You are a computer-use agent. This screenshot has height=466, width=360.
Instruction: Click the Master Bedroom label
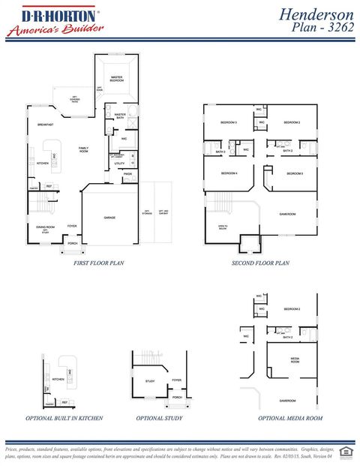116,78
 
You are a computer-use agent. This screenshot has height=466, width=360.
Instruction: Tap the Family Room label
84,149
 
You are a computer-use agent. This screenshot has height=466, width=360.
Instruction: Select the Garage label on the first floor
109,218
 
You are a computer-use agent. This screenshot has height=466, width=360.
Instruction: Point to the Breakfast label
45,125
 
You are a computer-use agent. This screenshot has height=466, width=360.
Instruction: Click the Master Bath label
120,116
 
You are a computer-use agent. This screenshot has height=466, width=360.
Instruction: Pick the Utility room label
119,163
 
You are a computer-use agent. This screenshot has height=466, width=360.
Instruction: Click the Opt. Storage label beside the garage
147,212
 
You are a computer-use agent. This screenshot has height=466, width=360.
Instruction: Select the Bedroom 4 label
229,173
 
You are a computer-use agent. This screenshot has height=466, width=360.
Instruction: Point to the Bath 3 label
220,152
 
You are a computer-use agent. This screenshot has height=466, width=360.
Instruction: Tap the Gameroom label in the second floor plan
287,214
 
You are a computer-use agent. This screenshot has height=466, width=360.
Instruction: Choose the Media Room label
295,359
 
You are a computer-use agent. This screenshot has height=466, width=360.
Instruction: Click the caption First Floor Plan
98,263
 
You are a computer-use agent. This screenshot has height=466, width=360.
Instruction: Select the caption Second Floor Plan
260,263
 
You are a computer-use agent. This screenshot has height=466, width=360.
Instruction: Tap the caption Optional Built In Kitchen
64,418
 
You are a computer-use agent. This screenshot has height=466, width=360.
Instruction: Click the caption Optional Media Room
290,418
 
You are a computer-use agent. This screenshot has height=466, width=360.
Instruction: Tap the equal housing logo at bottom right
346,450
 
